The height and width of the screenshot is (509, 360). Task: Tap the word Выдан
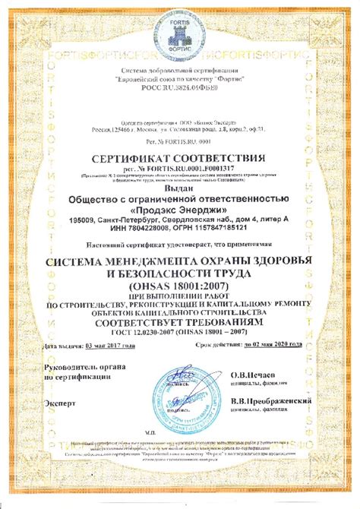click(x=178, y=189)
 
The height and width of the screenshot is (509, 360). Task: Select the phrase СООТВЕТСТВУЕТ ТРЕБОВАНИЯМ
click(x=178, y=323)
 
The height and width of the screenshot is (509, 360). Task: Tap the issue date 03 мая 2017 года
click(x=110, y=346)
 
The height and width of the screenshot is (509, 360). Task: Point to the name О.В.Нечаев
click(x=250, y=375)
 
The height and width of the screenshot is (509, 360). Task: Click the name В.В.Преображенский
click(x=270, y=400)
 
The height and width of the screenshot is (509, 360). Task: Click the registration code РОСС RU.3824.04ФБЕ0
click(x=179, y=88)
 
